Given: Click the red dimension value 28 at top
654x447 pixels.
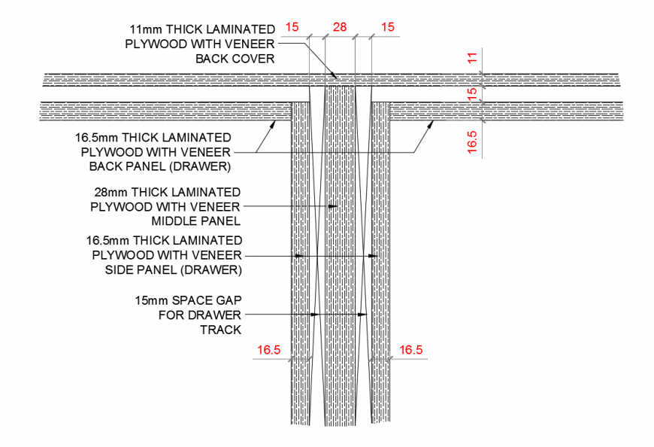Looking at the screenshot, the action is pyautogui.click(x=340, y=27).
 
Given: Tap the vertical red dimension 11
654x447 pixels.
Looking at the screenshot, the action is pyautogui.click(x=472, y=58).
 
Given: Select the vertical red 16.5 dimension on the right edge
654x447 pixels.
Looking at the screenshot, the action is pyautogui.click(x=472, y=141).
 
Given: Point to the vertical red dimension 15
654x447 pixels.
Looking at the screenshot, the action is pyautogui.click(x=472, y=94).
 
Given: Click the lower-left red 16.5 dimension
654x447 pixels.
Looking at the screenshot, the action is pyautogui.click(x=269, y=350).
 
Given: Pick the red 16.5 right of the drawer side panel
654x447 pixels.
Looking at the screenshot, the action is pyautogui.click(x=411, y=350).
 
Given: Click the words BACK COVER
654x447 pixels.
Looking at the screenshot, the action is pyautogui.click(x=235, y=59).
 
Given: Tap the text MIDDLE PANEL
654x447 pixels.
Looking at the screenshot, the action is pyautogui.click(x=196, y=221).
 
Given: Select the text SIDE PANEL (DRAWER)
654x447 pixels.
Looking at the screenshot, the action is pyautogui.click(x=174, y=270).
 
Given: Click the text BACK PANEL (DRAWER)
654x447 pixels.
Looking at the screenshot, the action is pyautogui.click(x=160, y=166).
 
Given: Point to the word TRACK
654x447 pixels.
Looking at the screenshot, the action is pyautogui.click(x=221, y=330).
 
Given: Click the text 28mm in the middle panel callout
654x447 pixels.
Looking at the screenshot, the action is pyautogui.click(x=111, y=193).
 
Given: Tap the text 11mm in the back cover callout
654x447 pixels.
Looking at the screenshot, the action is pyautogui.click(x=146, y=29).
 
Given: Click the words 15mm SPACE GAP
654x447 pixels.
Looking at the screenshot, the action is pyautogui.click(x=188, y=300).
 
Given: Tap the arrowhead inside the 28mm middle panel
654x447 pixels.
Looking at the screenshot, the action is pyautogui.click(x=332, y=206).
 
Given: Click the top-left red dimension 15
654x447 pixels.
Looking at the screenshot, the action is pyautogui.click(x=292, y=27).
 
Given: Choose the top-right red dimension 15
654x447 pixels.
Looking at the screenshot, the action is pyautogui.click(x=387, y=27).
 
